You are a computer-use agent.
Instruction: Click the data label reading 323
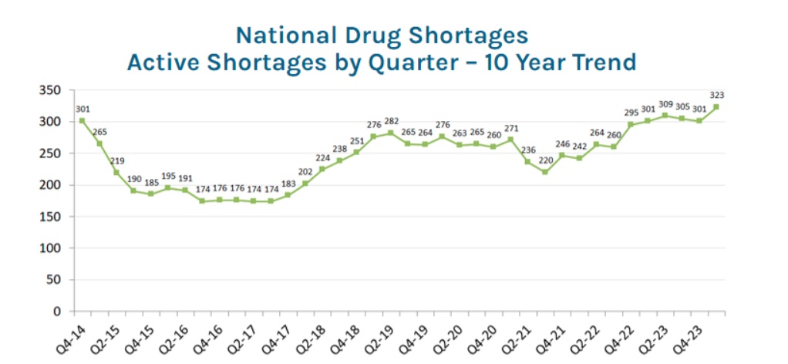[x=716, y=95]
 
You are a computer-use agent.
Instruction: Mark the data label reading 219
[x=117, y=160]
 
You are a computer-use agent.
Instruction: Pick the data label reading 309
[x=665, y=104]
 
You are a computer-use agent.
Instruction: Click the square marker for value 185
[x=150, y=194]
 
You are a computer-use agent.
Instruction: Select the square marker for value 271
[x=510, y=140]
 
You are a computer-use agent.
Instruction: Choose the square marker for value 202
[x=305, y=184]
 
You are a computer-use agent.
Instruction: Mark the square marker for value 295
[x=630, y=124]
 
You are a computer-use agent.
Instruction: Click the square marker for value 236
[x=527, y=161]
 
